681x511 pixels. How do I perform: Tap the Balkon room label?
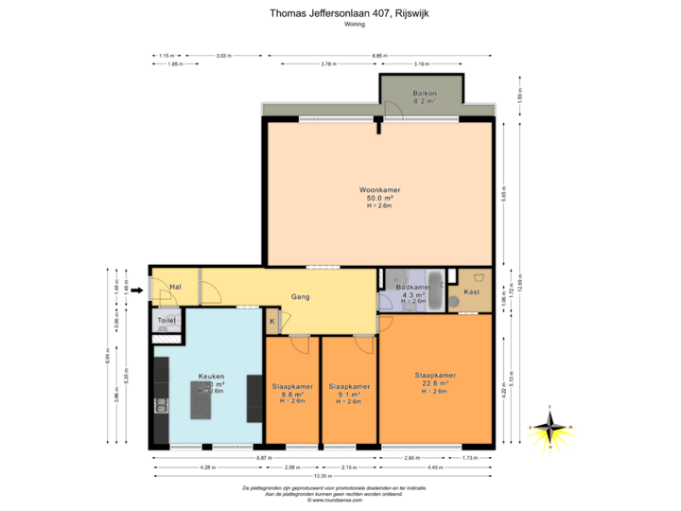(424, 93)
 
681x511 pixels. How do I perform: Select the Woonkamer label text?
(379, 190)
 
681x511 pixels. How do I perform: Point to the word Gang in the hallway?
(301, 296)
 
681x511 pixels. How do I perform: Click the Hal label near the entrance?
(175, 287)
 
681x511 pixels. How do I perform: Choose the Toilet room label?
(166, 322)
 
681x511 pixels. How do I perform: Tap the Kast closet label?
(471, 292)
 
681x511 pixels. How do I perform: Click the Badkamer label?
(414, 287)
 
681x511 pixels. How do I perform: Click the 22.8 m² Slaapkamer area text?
(435, 383)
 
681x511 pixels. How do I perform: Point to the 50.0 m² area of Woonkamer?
(379, 198)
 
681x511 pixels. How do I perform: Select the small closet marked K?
(272, 322)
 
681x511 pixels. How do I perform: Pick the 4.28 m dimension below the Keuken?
(206, 467)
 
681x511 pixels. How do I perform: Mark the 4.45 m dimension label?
(435, 467)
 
